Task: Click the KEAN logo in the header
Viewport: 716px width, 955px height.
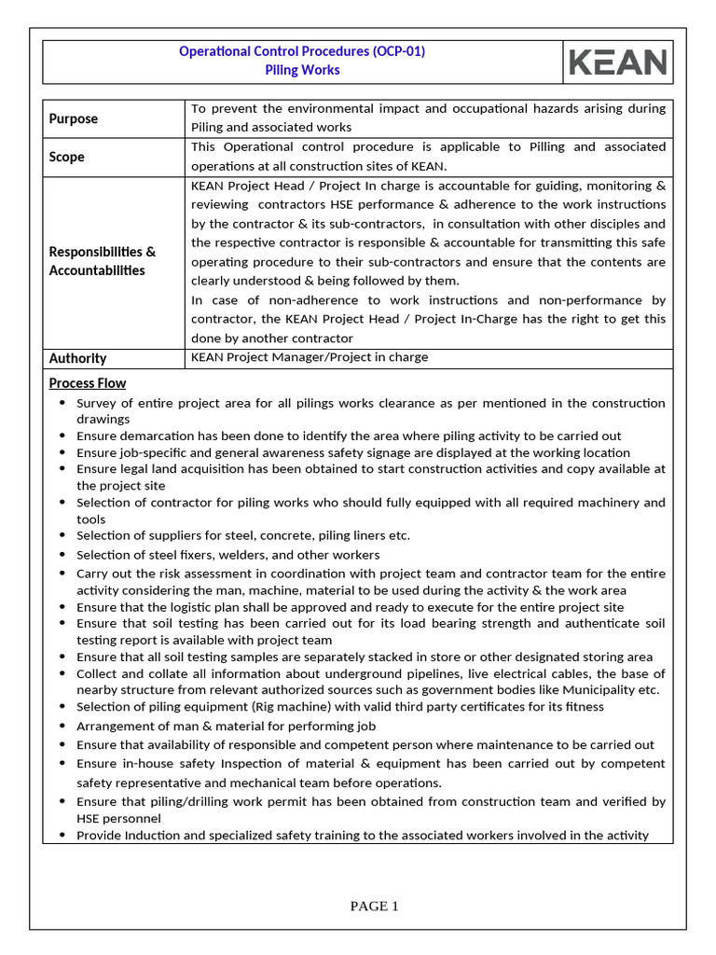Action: [618, 62]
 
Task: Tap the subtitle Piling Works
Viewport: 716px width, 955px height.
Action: [302, 70]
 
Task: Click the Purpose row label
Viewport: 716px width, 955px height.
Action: [74, 118]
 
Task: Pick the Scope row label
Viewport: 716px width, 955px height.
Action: [67, 157]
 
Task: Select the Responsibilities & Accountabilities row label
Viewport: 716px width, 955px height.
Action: [103, 261]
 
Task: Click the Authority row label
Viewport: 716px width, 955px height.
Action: [77, 358]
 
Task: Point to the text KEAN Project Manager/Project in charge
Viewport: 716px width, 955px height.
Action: [310, 357]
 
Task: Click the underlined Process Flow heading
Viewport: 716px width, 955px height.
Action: [88, 383]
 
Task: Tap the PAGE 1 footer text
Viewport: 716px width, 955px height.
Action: [375, 906]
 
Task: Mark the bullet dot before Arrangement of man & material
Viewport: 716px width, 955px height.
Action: [62, 726]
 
